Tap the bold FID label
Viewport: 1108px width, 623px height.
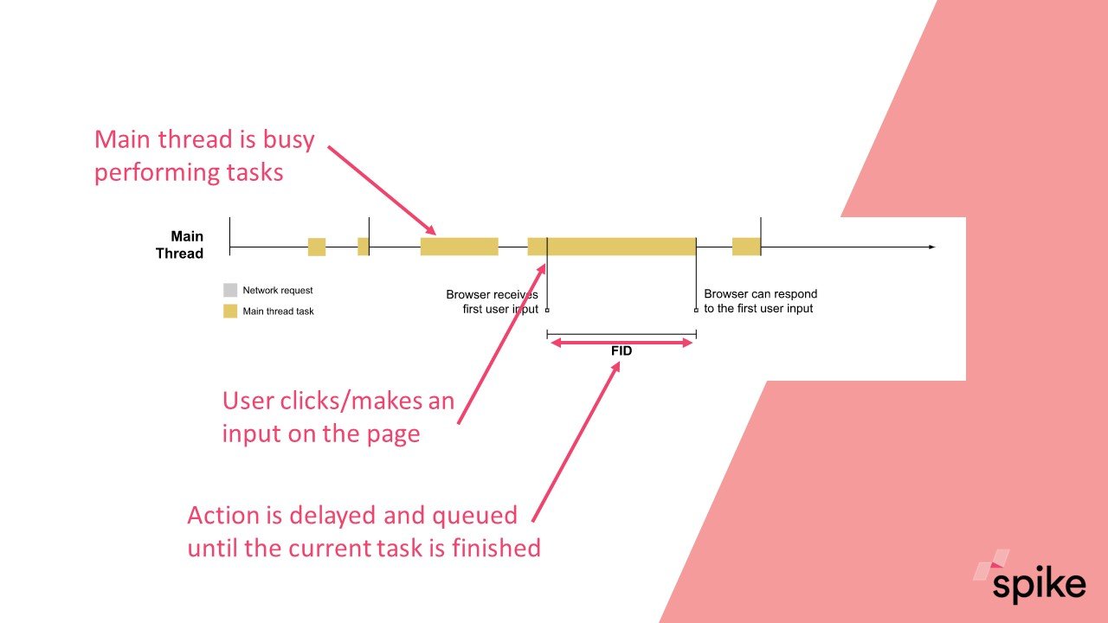[622, 351]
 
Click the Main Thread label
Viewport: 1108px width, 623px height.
[179, 245]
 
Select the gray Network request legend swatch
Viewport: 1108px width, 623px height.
[230, 290]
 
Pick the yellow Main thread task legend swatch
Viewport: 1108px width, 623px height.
[230, 311]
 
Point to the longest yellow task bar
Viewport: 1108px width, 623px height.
[612, 247]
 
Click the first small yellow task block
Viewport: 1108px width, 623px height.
[317, 247]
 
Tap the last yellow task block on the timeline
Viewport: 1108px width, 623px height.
[746, 247]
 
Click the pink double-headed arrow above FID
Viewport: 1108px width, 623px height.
[622, 343]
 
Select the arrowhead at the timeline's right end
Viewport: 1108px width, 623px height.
[932, 247]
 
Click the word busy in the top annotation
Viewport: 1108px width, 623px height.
[288, 140]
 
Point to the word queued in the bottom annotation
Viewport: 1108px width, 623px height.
[475, 517]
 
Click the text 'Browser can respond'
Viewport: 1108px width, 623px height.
[760, 293]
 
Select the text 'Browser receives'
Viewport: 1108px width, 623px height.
[492, 295]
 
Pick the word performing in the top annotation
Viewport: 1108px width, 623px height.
[156, 173]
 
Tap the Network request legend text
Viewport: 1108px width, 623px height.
[278, 290]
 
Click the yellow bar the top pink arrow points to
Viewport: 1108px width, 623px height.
[459, 247]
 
